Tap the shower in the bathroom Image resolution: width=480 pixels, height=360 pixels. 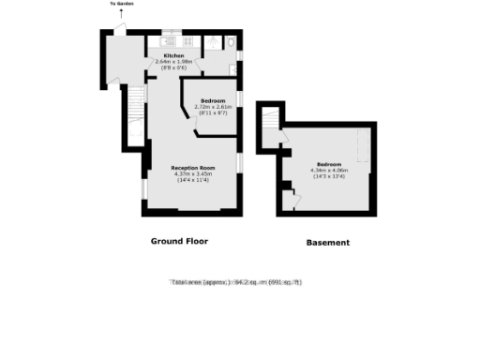210,42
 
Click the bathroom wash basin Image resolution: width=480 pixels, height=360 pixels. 232,67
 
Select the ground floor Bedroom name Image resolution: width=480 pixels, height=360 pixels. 213,100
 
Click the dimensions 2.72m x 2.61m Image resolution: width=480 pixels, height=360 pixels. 213,107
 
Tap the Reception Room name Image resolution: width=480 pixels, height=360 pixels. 193,168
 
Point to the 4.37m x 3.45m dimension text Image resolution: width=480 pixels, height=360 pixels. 193,173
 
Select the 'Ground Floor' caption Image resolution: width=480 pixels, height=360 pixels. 179,241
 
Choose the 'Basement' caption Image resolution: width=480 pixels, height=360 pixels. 328,242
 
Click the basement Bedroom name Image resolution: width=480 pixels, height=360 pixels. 328,164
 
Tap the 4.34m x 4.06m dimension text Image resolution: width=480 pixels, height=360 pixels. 328,170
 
